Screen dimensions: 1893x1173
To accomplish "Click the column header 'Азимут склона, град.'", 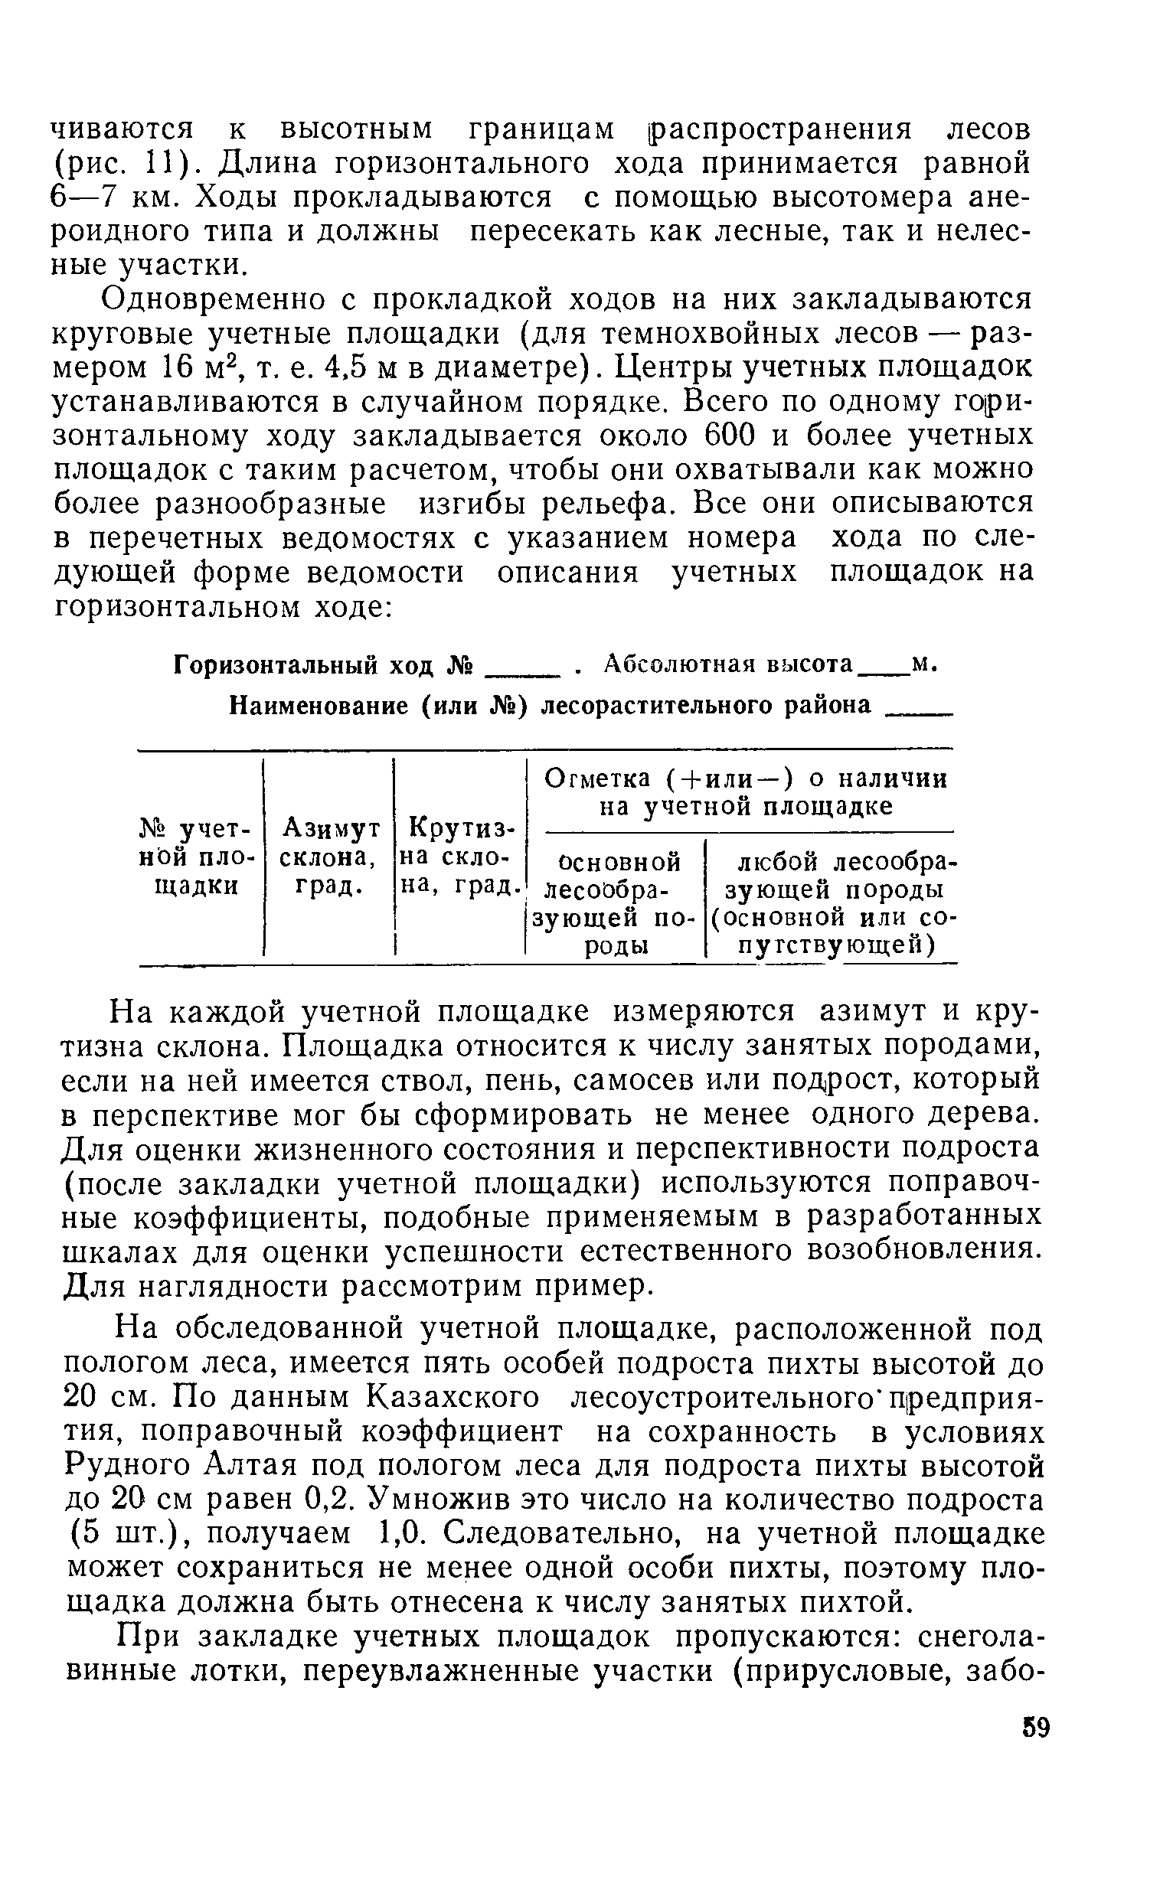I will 330,857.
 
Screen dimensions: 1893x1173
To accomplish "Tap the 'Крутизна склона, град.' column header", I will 461,857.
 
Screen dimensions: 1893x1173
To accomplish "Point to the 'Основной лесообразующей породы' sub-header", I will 614,903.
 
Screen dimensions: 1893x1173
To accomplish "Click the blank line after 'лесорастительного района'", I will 920,712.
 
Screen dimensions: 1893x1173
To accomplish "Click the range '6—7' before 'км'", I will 83,198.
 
